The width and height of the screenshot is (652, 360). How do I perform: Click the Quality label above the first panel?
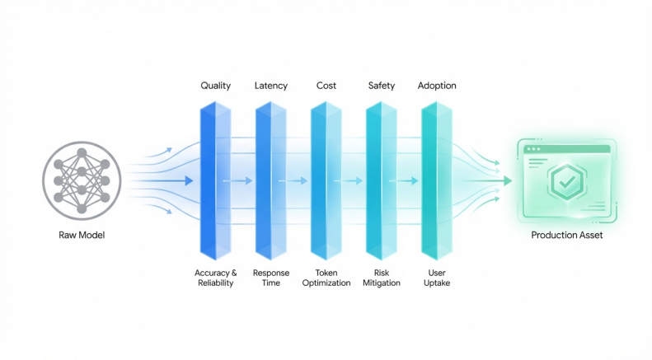pos(216,86)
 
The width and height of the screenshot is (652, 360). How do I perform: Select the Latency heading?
pos(271,86)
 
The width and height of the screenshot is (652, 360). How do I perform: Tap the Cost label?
pos(326,86)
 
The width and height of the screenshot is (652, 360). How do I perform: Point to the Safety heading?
pos(382,86)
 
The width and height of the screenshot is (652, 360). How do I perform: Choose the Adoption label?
pos(437,86)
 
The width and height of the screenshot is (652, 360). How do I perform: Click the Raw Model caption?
pos(82,236)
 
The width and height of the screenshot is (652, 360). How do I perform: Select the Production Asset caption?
pos(566,236)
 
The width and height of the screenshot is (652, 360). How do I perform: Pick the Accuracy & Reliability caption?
pos(216,278)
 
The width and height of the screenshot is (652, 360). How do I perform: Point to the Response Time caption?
pos(271,278)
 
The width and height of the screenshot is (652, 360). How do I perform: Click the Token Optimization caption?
pos(326,278)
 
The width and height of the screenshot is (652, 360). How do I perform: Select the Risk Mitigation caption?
pos(382,278)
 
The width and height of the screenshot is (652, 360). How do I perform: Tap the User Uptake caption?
pos(437,278)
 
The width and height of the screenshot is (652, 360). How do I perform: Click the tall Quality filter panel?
pos(215,180)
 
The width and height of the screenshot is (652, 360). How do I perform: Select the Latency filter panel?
pos(270,180)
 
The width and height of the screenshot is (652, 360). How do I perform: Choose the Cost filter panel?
pos(326,180)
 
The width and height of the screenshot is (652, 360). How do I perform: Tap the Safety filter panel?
pos(381,180)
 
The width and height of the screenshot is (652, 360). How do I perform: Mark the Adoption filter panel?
pos(436,180)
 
